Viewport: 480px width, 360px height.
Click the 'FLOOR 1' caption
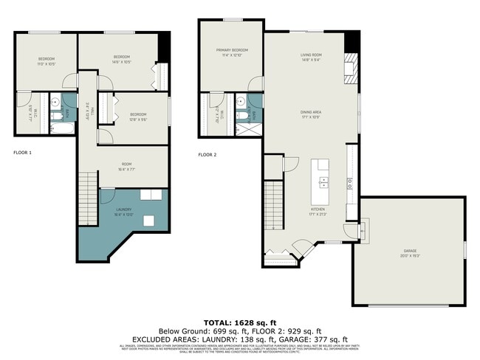tap(23, 153)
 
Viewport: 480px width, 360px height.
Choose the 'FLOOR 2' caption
tap(208, 155)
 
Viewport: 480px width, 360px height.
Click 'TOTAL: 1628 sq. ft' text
tap(240, 323)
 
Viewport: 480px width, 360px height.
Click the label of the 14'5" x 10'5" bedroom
tap(122, 59)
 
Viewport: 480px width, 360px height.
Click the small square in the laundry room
tap(149, 219)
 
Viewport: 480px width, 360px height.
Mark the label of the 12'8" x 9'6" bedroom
tap(137, 117)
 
